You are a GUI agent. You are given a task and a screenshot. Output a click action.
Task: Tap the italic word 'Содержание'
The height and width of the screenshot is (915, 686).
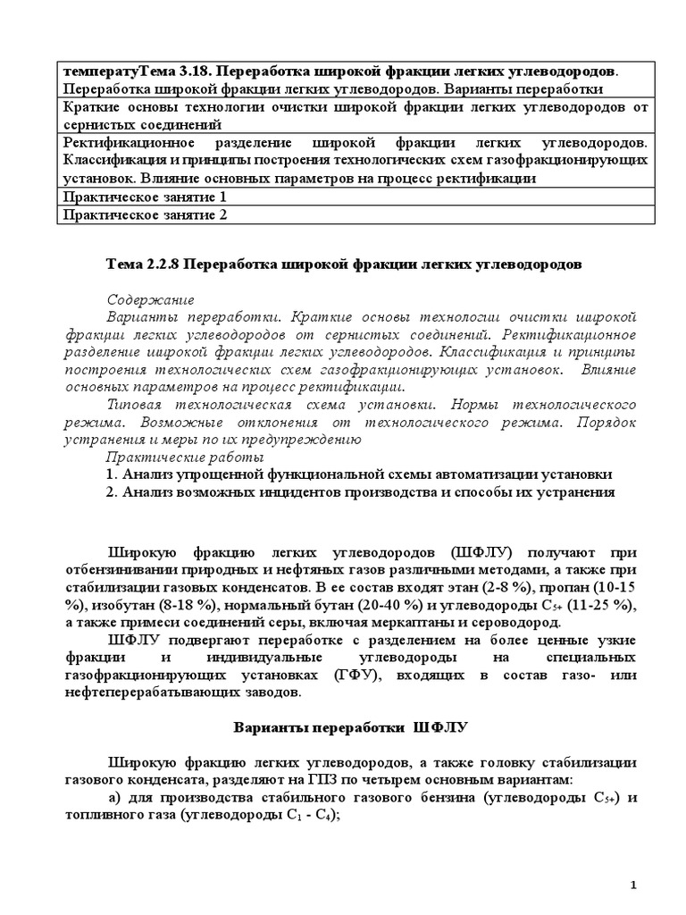150,300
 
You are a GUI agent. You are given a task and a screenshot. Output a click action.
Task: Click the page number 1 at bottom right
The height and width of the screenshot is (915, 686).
632,885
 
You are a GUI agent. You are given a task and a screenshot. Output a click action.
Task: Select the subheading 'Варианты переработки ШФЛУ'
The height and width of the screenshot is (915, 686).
344,727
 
